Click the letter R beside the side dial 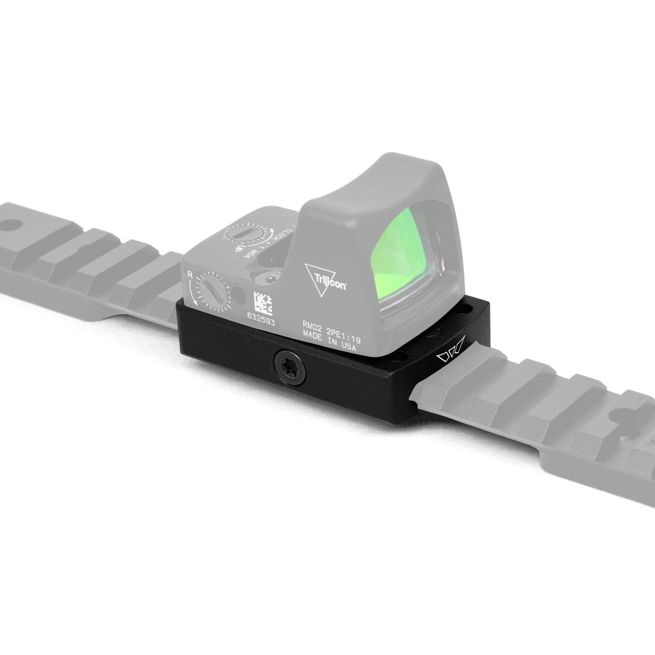pos(190,275)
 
